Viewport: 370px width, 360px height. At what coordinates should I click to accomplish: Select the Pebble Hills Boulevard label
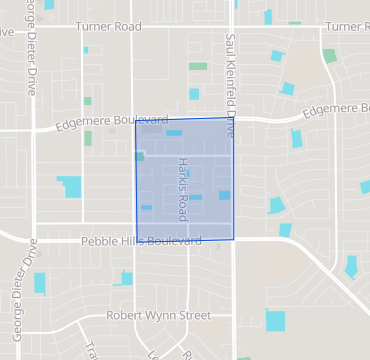[x=143, y=241]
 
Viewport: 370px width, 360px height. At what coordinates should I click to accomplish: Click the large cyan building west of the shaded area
[x=70, y=187]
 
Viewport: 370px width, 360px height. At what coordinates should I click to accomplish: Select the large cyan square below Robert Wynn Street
[x=275, y=321]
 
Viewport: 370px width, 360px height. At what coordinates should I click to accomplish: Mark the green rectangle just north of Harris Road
[x=198, y=67]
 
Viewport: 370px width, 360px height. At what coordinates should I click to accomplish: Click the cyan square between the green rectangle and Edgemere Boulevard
[x=194, y=94]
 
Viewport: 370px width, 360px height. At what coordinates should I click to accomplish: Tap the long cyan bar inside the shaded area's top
[x=174, y=133]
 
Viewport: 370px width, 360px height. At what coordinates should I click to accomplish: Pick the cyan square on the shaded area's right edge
[x=225, y=195]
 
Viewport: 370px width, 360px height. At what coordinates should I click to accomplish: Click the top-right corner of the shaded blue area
[x=232, y=118]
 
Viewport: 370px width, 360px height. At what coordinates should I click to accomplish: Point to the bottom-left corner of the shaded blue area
[x=135, y=239]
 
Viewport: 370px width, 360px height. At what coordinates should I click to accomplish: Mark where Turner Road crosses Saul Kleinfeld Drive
[x=232, y=27]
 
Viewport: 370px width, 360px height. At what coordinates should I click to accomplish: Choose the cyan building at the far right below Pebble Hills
[x=351, y=267]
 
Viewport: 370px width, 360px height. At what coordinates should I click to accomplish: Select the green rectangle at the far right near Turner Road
[x=329, y=56]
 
